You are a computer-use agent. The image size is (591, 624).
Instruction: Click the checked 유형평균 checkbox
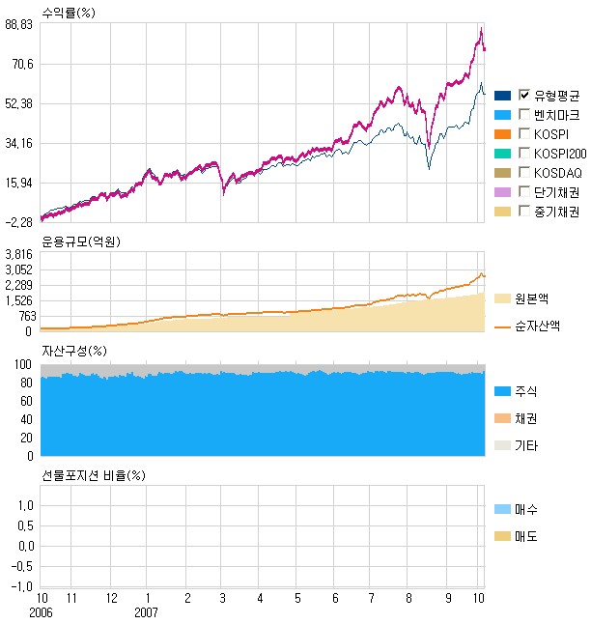[x=524, y=95]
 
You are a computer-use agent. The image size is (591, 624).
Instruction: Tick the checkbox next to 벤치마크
[x=524, y=114]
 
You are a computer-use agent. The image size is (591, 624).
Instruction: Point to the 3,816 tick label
[x=20, y=254]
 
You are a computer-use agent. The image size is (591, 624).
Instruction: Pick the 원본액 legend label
[x=533, y=298]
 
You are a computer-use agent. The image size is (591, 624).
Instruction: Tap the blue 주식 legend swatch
[x=502, y=391]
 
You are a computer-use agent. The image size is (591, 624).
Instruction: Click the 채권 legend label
[x=526, y=418]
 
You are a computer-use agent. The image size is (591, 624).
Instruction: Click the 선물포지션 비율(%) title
[x=94, y=475]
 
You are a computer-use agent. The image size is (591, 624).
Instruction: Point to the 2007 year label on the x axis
[x=146, y=612]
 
